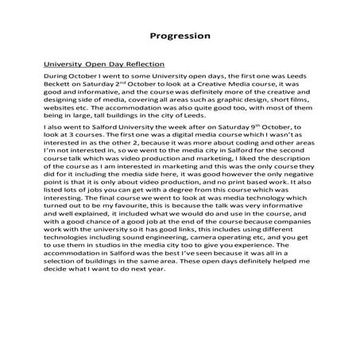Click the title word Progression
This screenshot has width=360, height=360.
(x=180, y=36)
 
